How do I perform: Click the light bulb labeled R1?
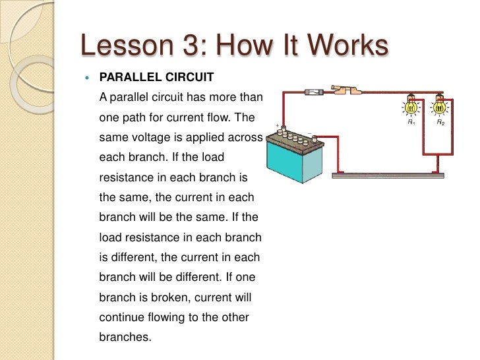tap(410, 107)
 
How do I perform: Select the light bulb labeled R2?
tap(440, 107)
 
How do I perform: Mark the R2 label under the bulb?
tap(440, 123)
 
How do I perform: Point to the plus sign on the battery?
tap(277, 125)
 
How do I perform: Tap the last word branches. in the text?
tap(125, 336)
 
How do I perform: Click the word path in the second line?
tap(140, 119)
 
